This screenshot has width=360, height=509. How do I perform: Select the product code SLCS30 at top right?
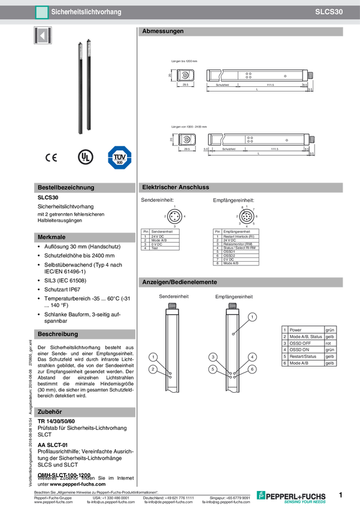coord(329,11)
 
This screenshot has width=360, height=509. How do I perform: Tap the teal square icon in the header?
coord(41,11)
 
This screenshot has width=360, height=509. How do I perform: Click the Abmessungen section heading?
coord(163,31)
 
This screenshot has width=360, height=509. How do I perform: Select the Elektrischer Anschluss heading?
coord(176,187)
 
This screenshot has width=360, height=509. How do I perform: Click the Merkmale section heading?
coord(52,238)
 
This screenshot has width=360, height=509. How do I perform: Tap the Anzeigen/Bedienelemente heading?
coord(180,282)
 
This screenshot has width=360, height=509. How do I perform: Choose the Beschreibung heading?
coord(58,334)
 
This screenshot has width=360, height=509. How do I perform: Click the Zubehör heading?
coord(50,412)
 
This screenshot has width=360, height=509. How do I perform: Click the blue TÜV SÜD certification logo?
coord(119,157)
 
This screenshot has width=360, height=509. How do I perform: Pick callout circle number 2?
coord(153,369)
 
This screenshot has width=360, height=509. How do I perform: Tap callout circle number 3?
coord(213,357)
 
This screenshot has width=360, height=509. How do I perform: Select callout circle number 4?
coord(253,357)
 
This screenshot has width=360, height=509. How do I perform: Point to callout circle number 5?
coord(213,369)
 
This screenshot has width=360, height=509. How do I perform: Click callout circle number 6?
coord(253,369)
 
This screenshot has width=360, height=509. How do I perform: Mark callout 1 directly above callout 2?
coord(153,357)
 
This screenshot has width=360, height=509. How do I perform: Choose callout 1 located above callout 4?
coord(253,316)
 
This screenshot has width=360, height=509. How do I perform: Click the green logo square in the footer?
coord(261,495)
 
